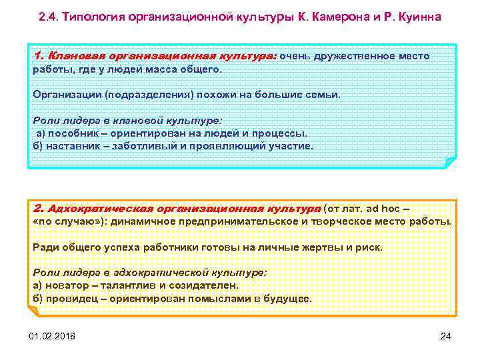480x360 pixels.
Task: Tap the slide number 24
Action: click(x=447, y=335)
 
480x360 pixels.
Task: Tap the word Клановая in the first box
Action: click(x=72, y=56)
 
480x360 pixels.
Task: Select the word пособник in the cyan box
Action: click(x=67, y=133)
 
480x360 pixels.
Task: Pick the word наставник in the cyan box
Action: click(x=69, y=145)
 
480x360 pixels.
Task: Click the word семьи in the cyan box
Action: click(x=322, y=94)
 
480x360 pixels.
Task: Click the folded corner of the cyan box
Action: click(x=450, y=163)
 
